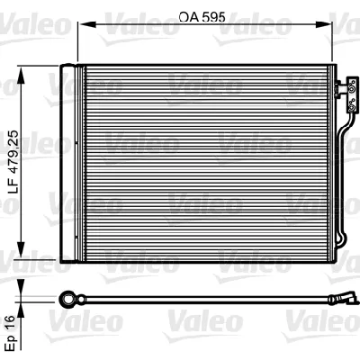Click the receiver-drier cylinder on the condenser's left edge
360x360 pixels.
68,162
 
